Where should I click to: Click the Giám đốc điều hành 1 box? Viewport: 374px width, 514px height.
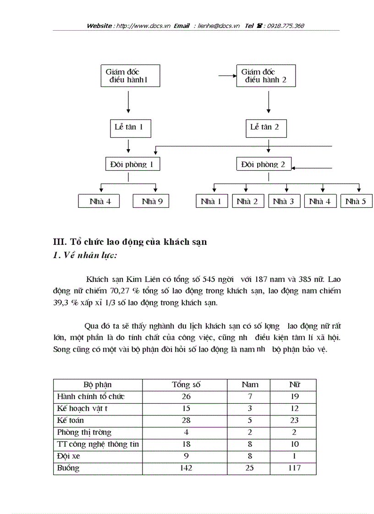(x=130, y=76)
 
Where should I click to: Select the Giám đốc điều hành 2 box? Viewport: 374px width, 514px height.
(x=266, y=76)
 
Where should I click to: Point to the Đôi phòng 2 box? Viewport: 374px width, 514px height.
(x=264, y=164)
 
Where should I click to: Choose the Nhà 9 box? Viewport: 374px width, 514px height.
(x=151, y=201)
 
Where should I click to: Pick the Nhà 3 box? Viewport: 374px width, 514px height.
(x=284, y=201)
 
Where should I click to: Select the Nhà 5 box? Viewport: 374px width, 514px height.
(x=356, y=201)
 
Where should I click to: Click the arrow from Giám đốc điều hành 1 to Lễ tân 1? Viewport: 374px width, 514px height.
(x=128, y=102)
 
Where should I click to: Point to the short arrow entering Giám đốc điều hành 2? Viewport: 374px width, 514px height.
(x=227, y=76)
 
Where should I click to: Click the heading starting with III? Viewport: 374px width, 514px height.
(x=130, y=242)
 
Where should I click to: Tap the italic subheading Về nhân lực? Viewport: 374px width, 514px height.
(x=85, y=255)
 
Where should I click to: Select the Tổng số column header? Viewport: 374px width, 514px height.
(x=186, y=384)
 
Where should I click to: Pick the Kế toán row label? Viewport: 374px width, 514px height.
(x=71, y=420)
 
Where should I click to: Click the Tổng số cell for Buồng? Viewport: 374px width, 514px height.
(x=186, y=468)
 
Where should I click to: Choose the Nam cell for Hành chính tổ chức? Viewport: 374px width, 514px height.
(x=250, y=396)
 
